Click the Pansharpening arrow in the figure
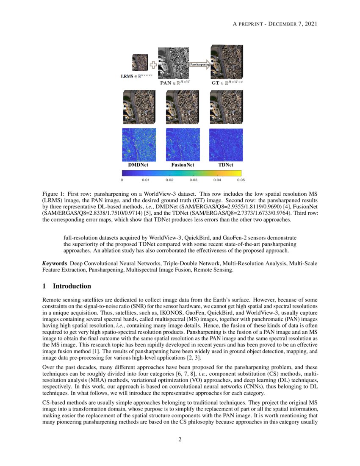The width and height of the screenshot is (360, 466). click(198, 64)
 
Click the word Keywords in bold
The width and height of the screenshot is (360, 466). click(55, 264)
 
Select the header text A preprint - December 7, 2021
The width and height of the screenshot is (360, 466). click(275, 23)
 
